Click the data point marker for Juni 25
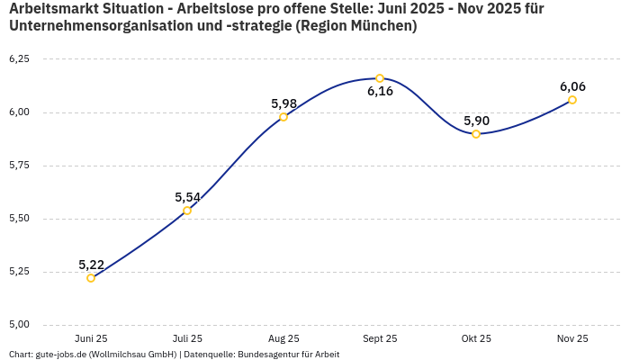click(x=91, y=278)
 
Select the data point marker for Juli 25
click(x=187, y=211)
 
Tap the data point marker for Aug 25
click(x=283, y=117)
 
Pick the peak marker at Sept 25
click(x=380, y=78)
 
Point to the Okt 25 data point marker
click(x=476, y=134)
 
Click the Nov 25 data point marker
click(x=572, y=100)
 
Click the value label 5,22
click(x=91, y=265)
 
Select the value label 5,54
click(x=187, y=197)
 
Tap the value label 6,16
click(x=380, y=92)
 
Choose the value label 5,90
click(x=476, y=121)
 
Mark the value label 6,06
click(x=572, y=86)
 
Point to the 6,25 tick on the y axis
click(x=19, y=59)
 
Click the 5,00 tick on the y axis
click(x=19, y=325)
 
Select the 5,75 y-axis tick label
click(x=19, y=166)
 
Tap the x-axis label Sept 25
click(x=380, y=338)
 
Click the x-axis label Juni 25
click(x=91, y=338)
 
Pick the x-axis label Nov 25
click(x=572, y=338)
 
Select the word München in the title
click(x=382, y=26)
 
